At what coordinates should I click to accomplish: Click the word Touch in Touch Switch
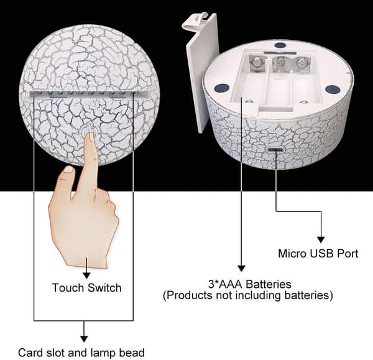click(68, 288)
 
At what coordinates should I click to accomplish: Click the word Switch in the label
click(104, 288)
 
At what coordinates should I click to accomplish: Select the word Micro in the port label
click(293, 254)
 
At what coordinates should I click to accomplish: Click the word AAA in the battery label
click(231, 284)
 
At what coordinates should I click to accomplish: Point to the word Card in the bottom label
click(30, 353)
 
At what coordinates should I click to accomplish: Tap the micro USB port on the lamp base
click(275, 150)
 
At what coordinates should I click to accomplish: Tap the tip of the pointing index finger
click(90, 134)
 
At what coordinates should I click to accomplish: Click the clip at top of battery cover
click(195, 21)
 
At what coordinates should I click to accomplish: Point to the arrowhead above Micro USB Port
click(321, 240)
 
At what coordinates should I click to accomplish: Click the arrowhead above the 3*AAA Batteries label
click(241, 269)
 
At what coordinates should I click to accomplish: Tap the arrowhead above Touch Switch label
click(87, 275)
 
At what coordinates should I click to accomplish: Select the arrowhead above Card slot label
click(84, 339)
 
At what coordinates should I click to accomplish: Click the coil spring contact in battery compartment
click(280, 64)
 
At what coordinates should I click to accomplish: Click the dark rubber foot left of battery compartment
click(221, 88)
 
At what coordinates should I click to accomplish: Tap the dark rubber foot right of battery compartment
click(333, 90)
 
